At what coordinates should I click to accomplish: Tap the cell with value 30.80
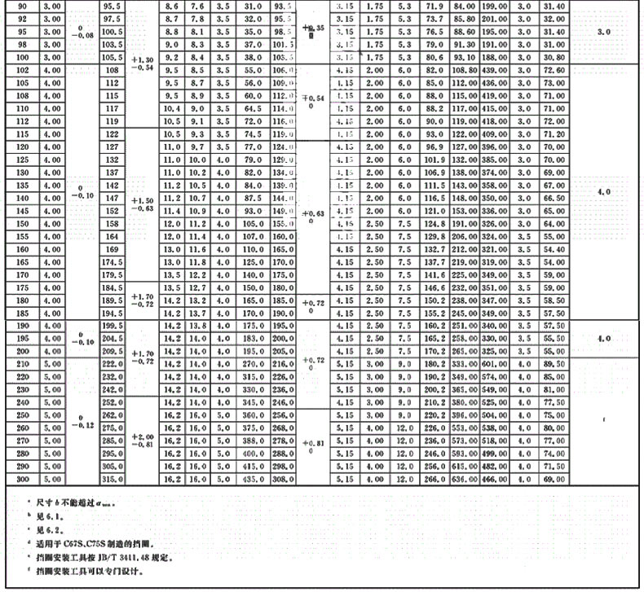554,58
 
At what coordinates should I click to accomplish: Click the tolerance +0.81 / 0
313,446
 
